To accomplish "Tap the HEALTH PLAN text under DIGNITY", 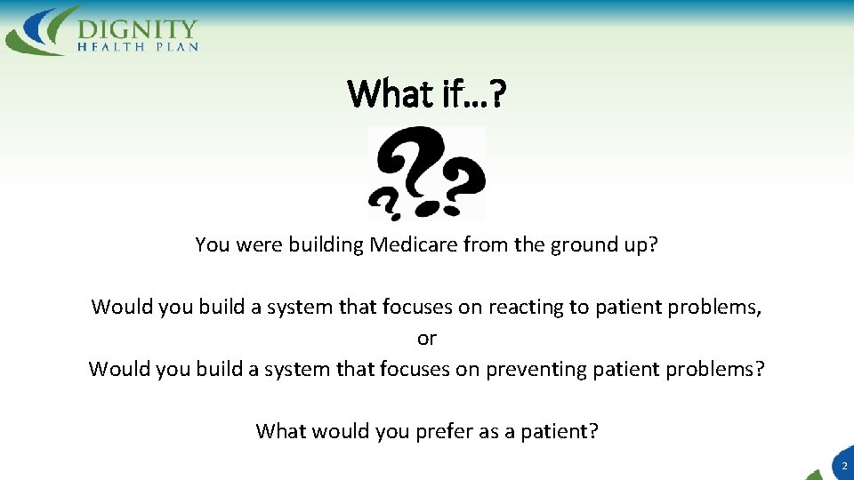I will click(x=138, y=45).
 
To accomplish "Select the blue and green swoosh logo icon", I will click(x=41, y=30).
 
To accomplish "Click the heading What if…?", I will click(x=426, y=92).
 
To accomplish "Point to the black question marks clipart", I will click(x=427, y=172).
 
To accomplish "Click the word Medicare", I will click(x=407, y=244).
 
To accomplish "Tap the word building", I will click(x=324, y=244).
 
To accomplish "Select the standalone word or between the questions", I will click(x=427, y=338).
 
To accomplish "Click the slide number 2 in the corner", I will click(x=843, y=465).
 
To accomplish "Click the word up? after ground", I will click(x=638, y=244).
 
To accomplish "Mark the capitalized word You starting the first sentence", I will click(x=212, y=244).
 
